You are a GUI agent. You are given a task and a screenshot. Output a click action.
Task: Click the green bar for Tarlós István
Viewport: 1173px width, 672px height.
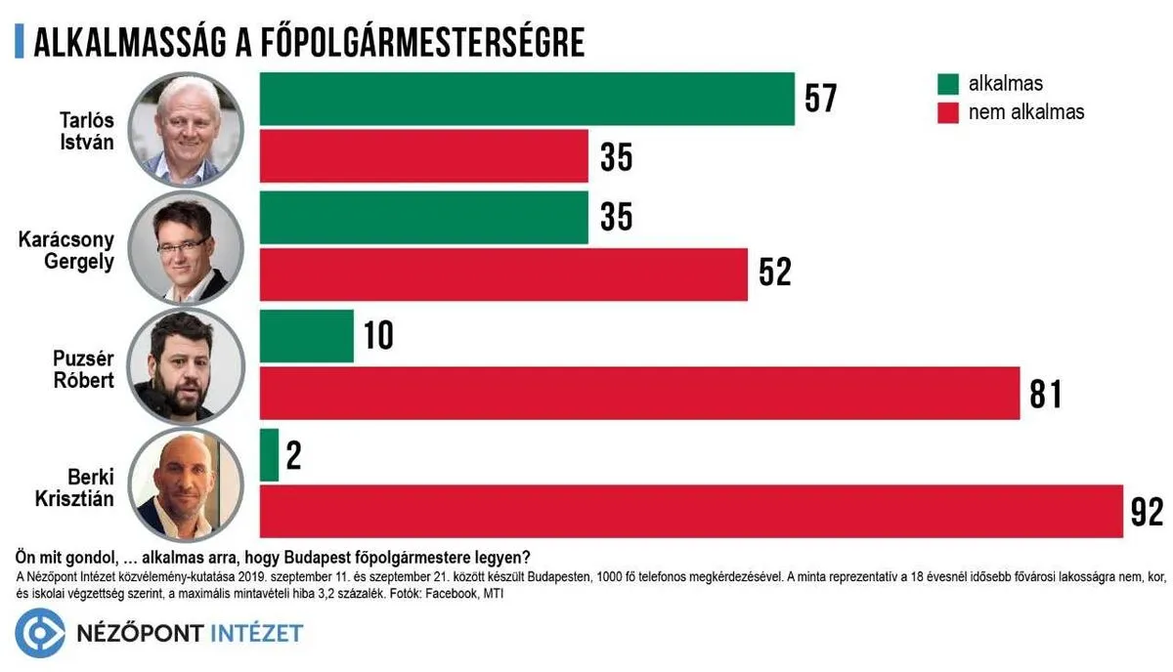pos(527,99)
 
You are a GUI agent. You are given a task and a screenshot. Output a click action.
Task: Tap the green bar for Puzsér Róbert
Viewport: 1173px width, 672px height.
pos(306,336)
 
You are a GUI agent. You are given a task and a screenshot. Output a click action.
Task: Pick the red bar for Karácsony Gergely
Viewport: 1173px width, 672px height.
pos(502,273)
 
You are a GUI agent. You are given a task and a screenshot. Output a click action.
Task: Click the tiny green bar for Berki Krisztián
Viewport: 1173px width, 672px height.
pos(269,455)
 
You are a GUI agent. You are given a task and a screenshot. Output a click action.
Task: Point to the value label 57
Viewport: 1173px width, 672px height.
pos(821,99)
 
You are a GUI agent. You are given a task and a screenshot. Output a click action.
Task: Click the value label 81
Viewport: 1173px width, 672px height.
pos(1045,394)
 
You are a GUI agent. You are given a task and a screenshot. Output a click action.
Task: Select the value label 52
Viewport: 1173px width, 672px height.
pos(774,273)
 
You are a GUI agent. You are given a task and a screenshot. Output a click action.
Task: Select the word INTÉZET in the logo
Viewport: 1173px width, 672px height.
pos(257,634)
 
